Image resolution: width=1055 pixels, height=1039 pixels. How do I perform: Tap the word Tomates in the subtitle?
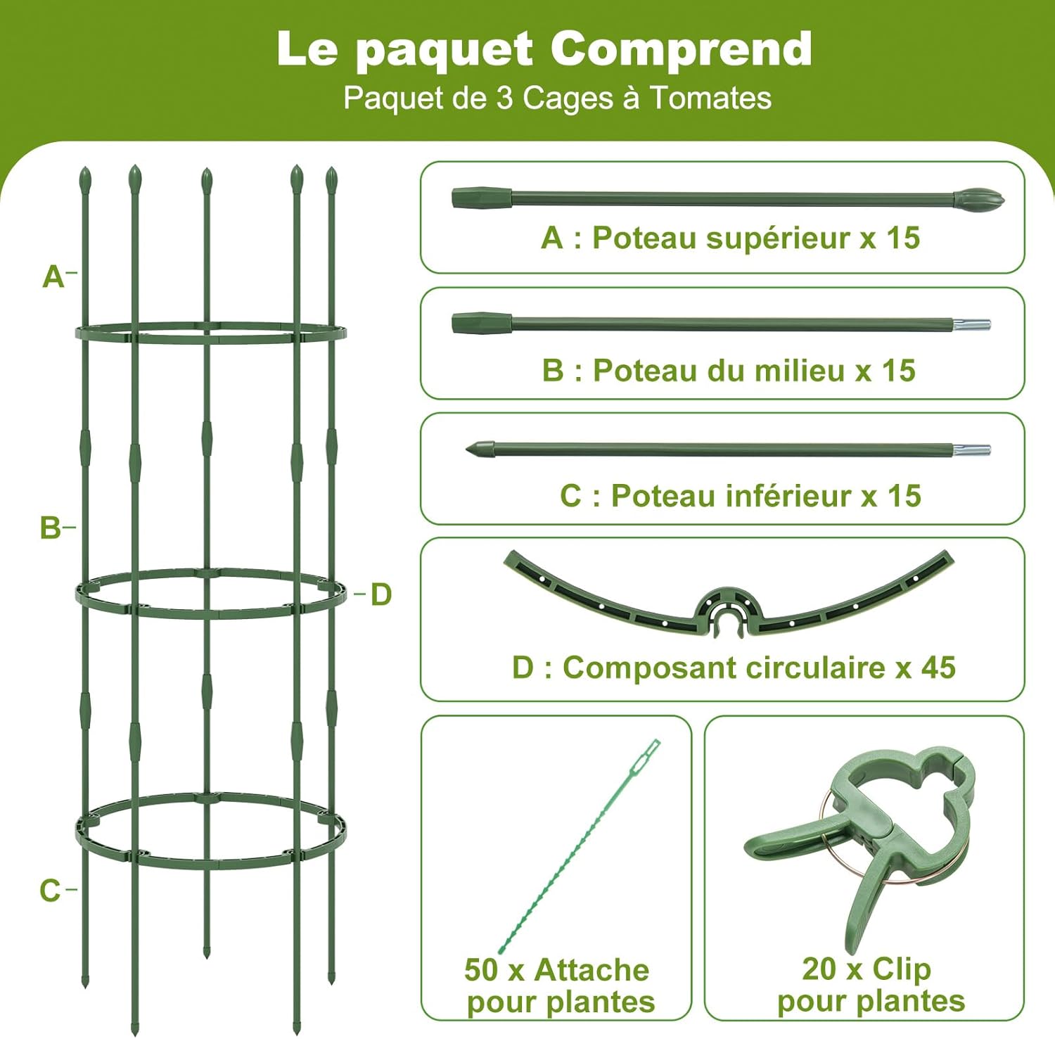click(710, 98)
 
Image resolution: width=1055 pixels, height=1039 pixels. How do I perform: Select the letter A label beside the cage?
click(53, 277)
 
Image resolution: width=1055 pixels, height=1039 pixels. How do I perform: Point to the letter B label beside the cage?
click(51, 528)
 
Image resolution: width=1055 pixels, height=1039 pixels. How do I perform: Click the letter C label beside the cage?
click(50, 891)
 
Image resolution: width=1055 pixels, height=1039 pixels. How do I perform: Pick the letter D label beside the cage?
click(381, 594)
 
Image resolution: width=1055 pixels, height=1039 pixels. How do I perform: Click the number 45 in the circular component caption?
click(938, 668)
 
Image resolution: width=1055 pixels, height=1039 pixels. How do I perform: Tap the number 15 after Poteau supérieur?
click(902, 238)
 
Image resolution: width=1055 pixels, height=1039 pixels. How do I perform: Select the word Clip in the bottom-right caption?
click(901, 969)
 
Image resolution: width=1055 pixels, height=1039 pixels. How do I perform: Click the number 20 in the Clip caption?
click(819, 969)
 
